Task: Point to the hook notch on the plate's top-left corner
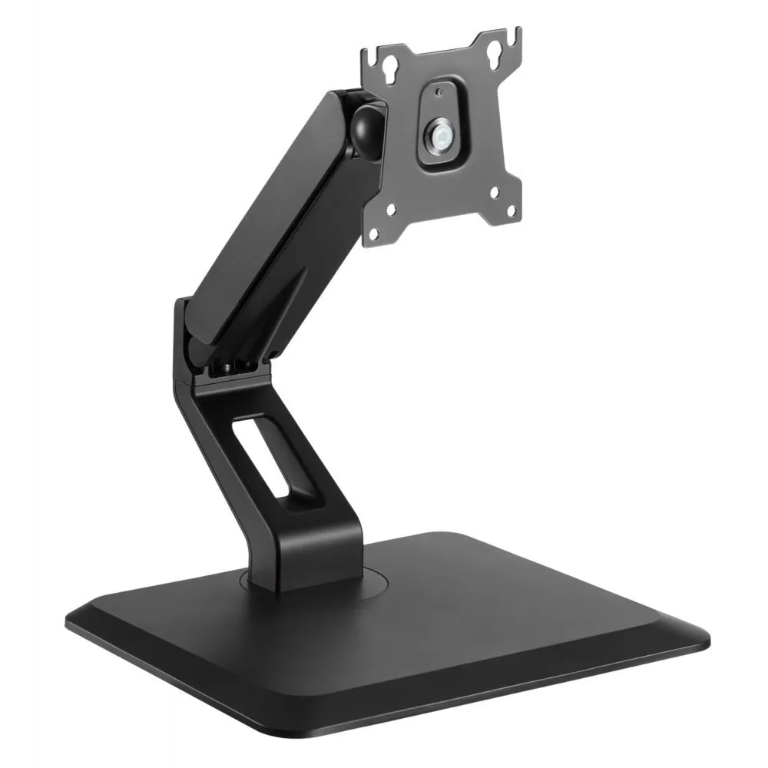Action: [x=371, y=53]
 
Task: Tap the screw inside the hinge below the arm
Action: [x=231, y=368]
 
